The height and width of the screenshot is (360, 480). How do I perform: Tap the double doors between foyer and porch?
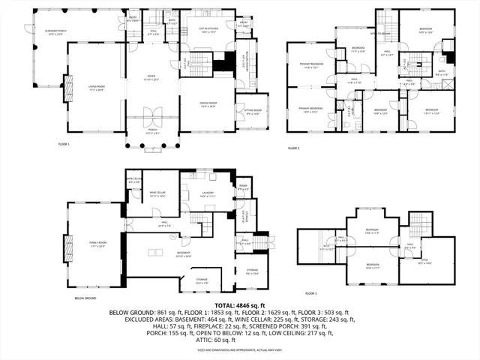(152, 117)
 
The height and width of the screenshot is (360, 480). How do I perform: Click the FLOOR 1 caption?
(63, 143)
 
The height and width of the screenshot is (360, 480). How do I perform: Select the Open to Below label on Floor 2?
(380, 34)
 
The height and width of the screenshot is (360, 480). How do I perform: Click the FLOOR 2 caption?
(293, 148)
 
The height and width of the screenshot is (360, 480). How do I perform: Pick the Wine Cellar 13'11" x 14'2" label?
(157, 193)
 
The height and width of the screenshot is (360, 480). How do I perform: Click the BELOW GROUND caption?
(85, 298)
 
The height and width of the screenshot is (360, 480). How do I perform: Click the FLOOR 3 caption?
(310, 293)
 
